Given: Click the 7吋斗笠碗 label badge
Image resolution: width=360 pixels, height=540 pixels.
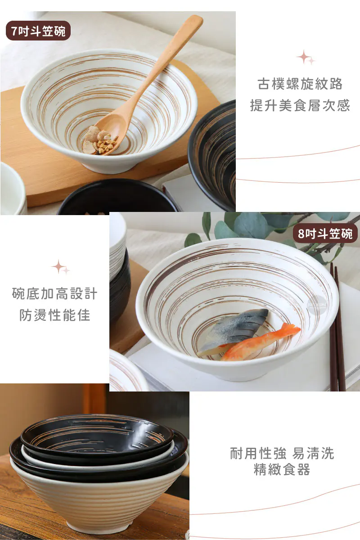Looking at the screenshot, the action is tap(38, 31).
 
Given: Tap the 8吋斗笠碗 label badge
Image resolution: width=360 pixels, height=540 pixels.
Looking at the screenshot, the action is tap(325, 233).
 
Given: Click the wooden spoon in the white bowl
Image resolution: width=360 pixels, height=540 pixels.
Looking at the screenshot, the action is tap(142, 85).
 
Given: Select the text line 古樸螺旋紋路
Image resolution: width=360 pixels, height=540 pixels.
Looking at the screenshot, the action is tap(300, 84).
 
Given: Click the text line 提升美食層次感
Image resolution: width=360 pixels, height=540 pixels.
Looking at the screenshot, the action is tap(300, 105).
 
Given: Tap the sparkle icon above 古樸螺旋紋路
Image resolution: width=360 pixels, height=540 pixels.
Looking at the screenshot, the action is tap(306, 57).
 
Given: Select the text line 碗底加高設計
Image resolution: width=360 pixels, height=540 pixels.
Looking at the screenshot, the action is tap(55, 293).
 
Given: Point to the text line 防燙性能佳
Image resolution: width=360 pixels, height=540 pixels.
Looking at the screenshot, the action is tap(55, 315).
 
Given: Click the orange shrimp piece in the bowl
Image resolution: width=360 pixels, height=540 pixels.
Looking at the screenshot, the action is tap(261, 342).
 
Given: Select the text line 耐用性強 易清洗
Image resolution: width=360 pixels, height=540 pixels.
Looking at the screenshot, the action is tap(282, 453).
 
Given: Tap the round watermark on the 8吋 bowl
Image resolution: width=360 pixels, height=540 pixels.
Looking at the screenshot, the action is tap(317, 305).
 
